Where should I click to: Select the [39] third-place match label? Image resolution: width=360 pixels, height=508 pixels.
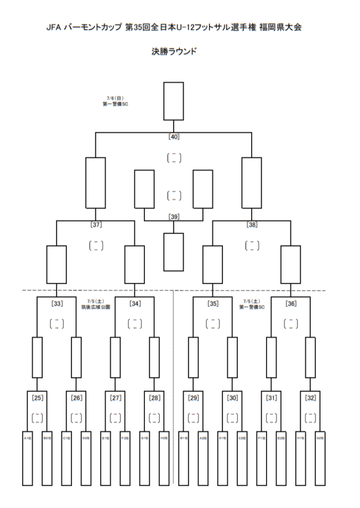pyautogui.click(x=174, y=216)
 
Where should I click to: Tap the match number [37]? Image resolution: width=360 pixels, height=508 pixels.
pyautogui.click(x=96, y=224)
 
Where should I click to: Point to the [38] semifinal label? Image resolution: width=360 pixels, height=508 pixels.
pyautogui.click(x=252, y=224)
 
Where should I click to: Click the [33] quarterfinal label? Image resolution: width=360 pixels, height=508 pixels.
pyautogui.click(x=57, y=303)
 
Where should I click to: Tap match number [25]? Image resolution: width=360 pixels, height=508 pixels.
pyautogui.click(x=37, y=397)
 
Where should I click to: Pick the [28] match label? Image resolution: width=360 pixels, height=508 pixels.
pyautogui.click(x=154, y=397)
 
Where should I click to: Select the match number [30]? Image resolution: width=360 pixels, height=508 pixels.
pyautogui.click(x=232, y=397)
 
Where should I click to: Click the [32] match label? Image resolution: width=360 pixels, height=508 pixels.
pyautogui.click(x=310, y=397)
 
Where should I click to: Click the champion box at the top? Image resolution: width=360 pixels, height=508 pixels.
pyautogui.click(x=174, y=101)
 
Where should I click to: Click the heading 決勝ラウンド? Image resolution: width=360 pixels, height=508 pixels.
pyautogui.click(x=174, y=51)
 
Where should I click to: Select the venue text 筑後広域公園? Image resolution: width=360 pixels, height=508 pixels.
pyautogui.click(x=96, y=307)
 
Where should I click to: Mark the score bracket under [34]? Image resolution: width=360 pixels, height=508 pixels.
pyautogui.click(x=135, y=324)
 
